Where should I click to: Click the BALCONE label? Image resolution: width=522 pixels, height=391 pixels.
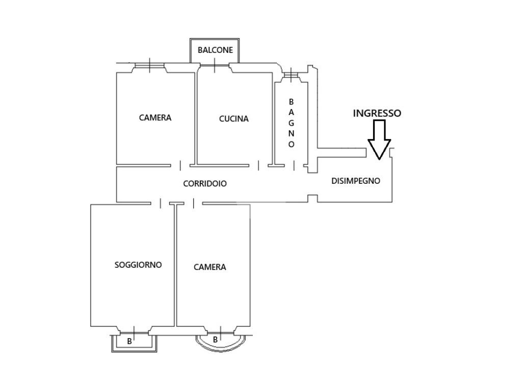pyautogui.click(x=215, y=50)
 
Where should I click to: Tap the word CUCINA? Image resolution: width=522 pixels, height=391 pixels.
pyautogui.click(x=233, y=119)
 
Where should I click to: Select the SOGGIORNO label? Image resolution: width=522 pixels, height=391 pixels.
pyautogui.click(x=138, y=265)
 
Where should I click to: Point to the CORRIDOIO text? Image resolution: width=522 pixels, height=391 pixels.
pyautogui.click(x=205, y=183)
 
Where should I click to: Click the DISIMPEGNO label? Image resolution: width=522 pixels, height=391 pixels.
pyautogui.click(x=355, y=181)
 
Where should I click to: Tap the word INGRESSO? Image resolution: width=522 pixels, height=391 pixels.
pyautogui.click(x=377, y=114)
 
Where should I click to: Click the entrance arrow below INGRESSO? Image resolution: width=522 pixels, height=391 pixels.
pyautogui.click(x=379, y=139)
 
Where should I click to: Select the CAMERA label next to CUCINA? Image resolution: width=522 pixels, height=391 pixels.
pyautogui.click(x=155, y=118)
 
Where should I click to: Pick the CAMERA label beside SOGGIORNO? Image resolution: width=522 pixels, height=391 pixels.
pyautogui.click(x=210, y=267)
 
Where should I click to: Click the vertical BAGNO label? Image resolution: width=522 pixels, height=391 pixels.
pyautogui.click(x=291, y=123)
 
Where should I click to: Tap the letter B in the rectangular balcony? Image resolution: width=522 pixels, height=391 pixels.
pyautogui.click(x=129, y=342)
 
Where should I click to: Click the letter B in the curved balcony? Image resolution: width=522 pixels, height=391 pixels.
pyautogui.click(x=216, y=340)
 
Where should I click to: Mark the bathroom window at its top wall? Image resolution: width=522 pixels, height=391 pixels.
pyautogui.click(x=291, y=75)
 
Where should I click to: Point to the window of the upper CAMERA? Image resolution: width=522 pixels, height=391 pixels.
pyautogui.click(x=149, y=66)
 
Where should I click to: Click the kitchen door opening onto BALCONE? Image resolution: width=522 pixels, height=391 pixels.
pyautogui.click(x=215, y=66)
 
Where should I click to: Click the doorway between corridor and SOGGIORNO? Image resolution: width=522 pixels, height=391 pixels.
pyautogui.click(x=161, y=203)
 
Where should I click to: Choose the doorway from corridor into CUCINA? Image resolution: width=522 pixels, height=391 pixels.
pyautogui.click(x=258, y=165)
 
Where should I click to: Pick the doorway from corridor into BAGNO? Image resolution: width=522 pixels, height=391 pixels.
pyautogui.click(x=294, y=165)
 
